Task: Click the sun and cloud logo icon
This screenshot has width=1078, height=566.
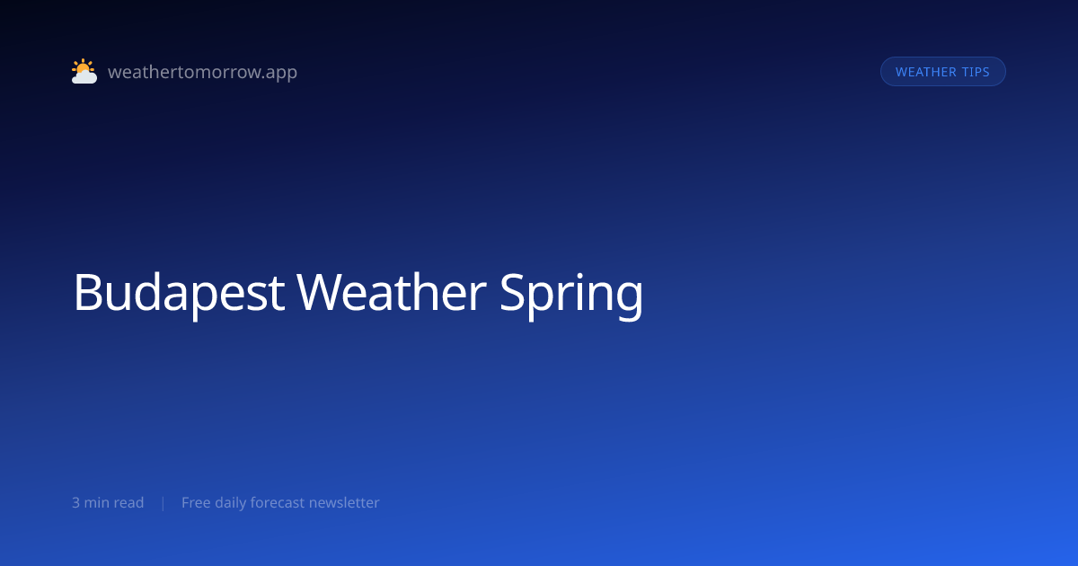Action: (x=84, y=71)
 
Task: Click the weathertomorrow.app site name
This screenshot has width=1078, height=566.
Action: (x=203, y=72)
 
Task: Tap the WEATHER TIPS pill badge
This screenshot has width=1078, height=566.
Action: (x=942, y=72)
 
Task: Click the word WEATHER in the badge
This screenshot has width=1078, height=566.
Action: (x=926, y=72)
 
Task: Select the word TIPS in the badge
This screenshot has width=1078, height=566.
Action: (x=976, y=72)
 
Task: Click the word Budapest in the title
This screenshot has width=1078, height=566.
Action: (x=179, y=292)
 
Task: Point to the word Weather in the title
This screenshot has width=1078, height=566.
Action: (x=392, y=292)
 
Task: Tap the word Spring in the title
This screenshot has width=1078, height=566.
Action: (x=571, y=294)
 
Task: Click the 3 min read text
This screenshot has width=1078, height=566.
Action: (x=108, y=502)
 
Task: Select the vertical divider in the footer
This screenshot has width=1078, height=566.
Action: (x=163, y=503)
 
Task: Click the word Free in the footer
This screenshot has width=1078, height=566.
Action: (x=196, y=502)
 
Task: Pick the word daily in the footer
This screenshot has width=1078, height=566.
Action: (x=231, y=503)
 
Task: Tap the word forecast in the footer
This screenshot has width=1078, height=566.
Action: (x=278, y=502)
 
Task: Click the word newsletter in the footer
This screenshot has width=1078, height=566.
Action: (x=344, y=502)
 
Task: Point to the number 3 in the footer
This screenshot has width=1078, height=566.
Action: (x=76, y=502)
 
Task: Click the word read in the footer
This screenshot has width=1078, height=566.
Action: (x=129, y=502)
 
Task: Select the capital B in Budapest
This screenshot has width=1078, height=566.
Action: (x=88, y=292)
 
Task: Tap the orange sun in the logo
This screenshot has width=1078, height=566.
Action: (x=83, y=66)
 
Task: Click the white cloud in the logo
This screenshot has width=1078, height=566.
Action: (x=84, y=77)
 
